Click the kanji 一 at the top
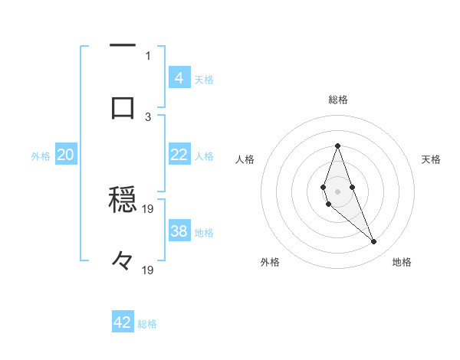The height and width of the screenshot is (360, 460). (123, 47)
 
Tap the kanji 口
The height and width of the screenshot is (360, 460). (123, 107)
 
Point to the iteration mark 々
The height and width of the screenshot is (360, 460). (123, 262)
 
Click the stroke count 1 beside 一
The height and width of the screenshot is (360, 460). (148, 55)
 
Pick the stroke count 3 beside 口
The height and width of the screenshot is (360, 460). (148, 116)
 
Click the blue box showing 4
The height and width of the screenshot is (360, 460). (179, 77)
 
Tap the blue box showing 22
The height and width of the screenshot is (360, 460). (179, 155)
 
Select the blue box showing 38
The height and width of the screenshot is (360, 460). (179, 231)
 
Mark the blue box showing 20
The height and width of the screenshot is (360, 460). (66, 155)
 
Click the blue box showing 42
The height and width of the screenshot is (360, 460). (123, 322)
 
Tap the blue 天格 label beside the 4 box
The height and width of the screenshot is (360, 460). (204, 79)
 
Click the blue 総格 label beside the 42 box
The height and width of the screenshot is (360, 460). (147, 324)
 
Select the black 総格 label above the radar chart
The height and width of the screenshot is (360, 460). (337, 100)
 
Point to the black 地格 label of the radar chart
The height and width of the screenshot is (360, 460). (402, 262)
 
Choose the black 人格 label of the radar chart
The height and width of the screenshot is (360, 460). (245, 159)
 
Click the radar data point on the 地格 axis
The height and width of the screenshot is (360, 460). (373, 241)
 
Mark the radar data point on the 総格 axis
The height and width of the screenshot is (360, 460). (337, 146)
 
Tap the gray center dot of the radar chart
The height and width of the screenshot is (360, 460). (337, 191)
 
